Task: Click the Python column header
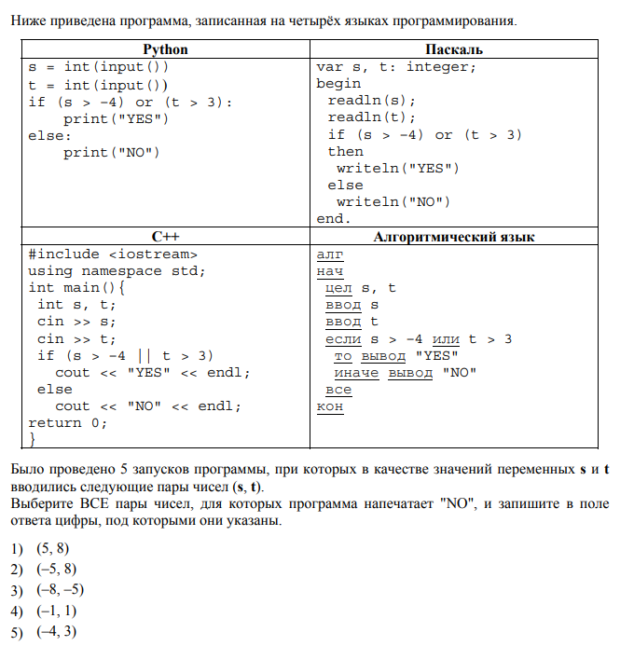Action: click(165, 49)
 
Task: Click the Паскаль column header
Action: click(453, 49)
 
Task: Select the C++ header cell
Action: click(165, 237)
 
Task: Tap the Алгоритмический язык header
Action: click(453, 237)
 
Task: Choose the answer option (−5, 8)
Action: click(56, 569)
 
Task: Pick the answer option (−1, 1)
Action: click(56, 612)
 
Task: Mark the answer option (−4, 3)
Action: click(56, 633)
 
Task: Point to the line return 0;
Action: click(67, 422)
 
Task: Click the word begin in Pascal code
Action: click(338, 83)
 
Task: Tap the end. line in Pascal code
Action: click(334, 218)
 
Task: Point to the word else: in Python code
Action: click(49, 134)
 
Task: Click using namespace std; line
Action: click(117, 270)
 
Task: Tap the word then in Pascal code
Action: click(345, 151)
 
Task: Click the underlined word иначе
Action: click(356, 373)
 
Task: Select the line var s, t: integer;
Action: click(396, 66)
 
